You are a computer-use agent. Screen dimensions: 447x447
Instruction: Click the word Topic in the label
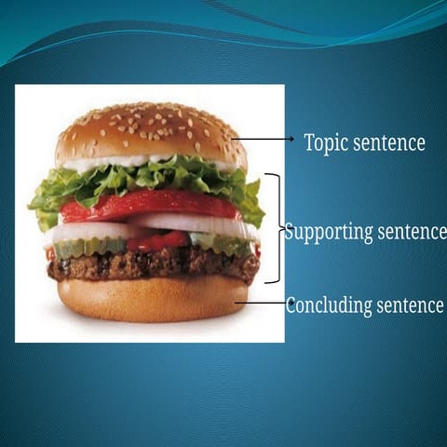pos(327,142)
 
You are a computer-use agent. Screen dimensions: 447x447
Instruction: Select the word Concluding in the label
pos(330,305)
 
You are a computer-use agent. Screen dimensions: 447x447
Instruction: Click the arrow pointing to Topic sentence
pos(265,140)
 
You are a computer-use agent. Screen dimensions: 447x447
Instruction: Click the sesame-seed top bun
pos(149,130)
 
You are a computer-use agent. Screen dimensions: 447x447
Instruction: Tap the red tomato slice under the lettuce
pos(149,205)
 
